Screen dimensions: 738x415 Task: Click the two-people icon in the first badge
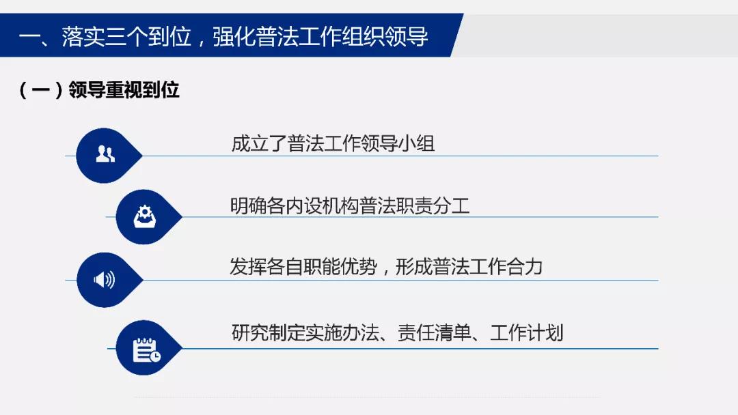point(105,154)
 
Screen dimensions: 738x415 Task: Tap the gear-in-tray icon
point(144,216)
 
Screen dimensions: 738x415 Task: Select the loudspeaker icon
point(104,280)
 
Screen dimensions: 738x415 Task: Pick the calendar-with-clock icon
point(146,350)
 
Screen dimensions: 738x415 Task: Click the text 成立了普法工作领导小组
point(333,143)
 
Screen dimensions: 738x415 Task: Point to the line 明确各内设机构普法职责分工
point(350,206)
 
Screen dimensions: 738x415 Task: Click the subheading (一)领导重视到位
point(99,90)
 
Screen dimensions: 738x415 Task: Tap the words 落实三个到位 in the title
point(126,36)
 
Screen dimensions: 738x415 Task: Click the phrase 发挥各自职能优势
point(303,267)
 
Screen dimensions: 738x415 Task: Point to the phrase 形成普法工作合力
point(469,267)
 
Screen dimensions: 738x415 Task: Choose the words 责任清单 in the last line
point(435,333)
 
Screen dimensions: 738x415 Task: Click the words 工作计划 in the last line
point(527,333)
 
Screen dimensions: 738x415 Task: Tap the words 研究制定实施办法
point(305,333)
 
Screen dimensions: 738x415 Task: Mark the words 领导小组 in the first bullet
point(398,143)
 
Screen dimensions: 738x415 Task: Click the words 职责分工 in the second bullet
point(433,206)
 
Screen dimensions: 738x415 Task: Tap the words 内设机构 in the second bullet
point(323,206)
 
